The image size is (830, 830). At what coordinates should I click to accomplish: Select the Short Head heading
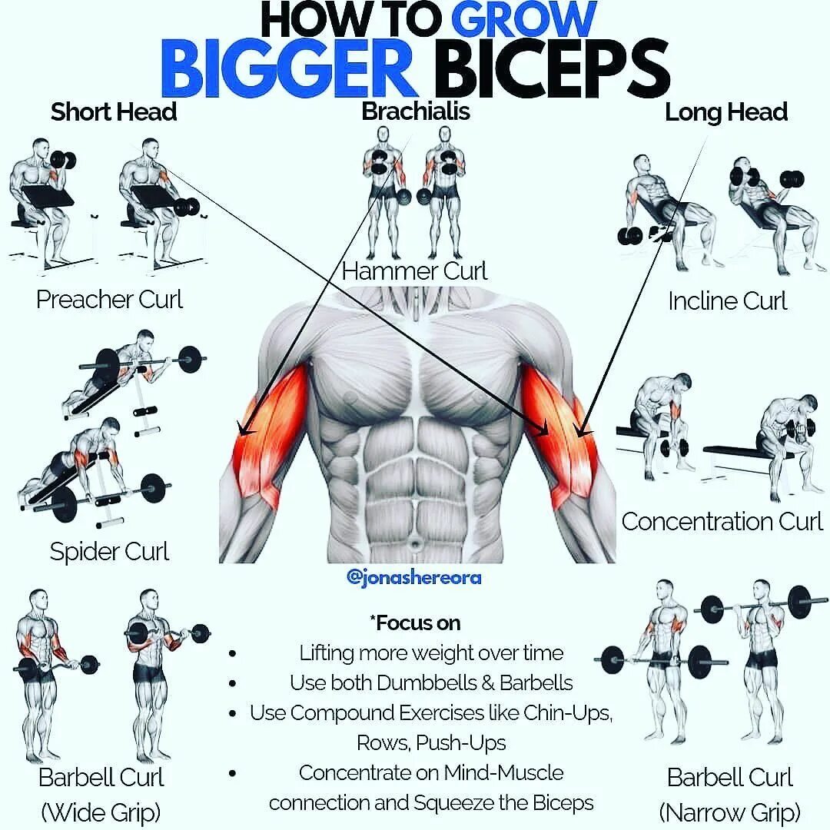click(114, 112)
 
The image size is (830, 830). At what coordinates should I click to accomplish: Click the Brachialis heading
click(416, 112)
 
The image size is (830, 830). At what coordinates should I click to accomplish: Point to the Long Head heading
click(726, 112)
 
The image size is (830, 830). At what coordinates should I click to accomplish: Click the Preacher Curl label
click(109, 299)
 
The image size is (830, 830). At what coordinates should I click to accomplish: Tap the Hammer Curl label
click(415, 271)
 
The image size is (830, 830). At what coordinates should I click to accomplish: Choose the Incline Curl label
click(727, 300)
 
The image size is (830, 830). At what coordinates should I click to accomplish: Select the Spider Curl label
click(109, 551)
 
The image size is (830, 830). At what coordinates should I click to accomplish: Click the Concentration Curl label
click(722, 521)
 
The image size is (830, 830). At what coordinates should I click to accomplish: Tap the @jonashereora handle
click(414, 577)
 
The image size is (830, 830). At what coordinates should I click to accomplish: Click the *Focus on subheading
click(414, 622)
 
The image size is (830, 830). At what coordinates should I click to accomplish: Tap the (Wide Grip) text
click(101, 811)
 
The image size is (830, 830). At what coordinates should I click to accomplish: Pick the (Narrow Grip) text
click(729, 811)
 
